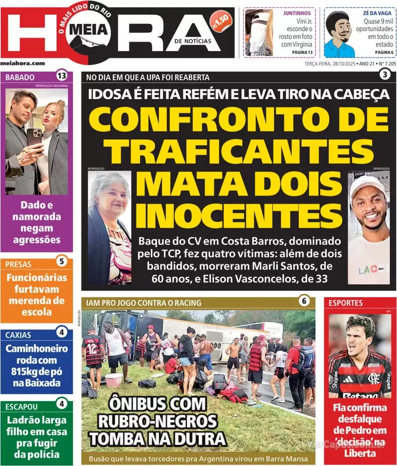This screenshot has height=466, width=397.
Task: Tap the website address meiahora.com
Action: pos(23,63)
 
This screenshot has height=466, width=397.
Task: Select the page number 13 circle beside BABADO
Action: pos(62,76)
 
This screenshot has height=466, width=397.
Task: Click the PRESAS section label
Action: pos(18,264)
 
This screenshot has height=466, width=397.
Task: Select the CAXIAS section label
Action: pos(18,335)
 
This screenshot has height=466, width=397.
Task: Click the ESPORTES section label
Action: pos(345,303)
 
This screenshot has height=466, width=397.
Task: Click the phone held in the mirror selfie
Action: pos(34,138)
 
